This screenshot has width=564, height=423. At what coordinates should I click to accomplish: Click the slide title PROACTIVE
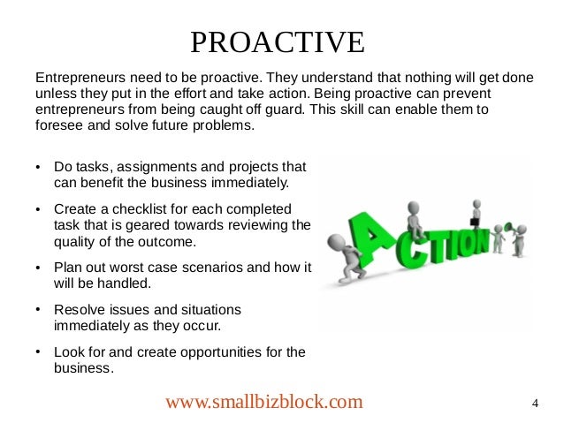pos(277,42)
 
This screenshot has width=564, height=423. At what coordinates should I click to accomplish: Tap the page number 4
pos(536,404)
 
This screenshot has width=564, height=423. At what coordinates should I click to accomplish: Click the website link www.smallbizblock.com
pos(264,403)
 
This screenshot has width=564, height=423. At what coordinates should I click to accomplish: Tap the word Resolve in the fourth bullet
pos(78,310)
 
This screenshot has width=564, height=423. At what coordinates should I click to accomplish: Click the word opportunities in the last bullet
pos(208,352)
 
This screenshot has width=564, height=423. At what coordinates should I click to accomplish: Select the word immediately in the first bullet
pos(243,183)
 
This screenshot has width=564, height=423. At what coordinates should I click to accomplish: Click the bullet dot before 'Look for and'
pos(38,352)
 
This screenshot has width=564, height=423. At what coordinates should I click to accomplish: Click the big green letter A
pos(375,244)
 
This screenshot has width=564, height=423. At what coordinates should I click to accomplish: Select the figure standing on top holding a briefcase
pos(476,213)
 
